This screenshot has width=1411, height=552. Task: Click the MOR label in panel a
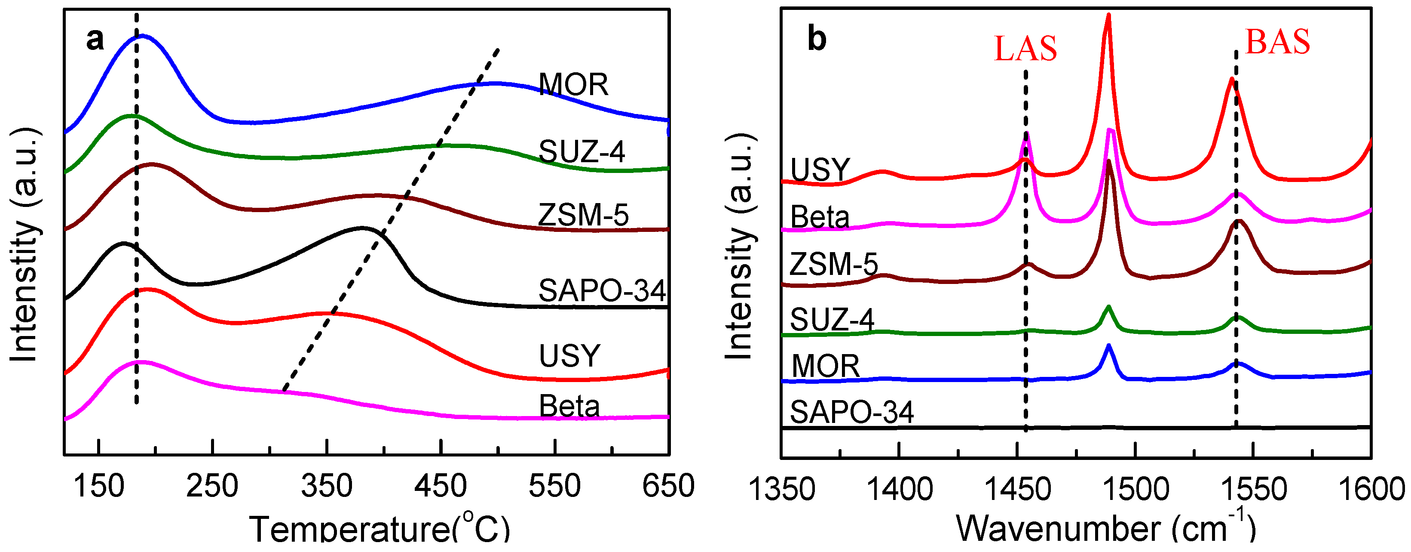pos(573,85)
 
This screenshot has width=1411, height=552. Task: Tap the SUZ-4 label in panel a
pos(581,152)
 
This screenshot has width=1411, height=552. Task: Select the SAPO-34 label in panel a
pos(601,291)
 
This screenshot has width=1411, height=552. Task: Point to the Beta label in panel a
pos(569,406)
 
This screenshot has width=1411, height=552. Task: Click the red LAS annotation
pos(1025,49)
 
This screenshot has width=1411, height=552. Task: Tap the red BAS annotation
pos(1277,42)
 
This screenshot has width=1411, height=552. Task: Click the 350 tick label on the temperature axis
pos(327,486)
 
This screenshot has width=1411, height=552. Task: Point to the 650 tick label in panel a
pos(668,486)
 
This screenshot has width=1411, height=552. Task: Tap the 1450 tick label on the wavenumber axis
pos(1017,490)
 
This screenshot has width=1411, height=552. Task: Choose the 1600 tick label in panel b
pos(1371,490)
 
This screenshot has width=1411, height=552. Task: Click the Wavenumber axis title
pos(1105,528)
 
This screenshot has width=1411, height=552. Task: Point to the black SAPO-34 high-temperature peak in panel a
pos(361,228)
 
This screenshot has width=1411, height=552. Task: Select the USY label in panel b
pos(820,170)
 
